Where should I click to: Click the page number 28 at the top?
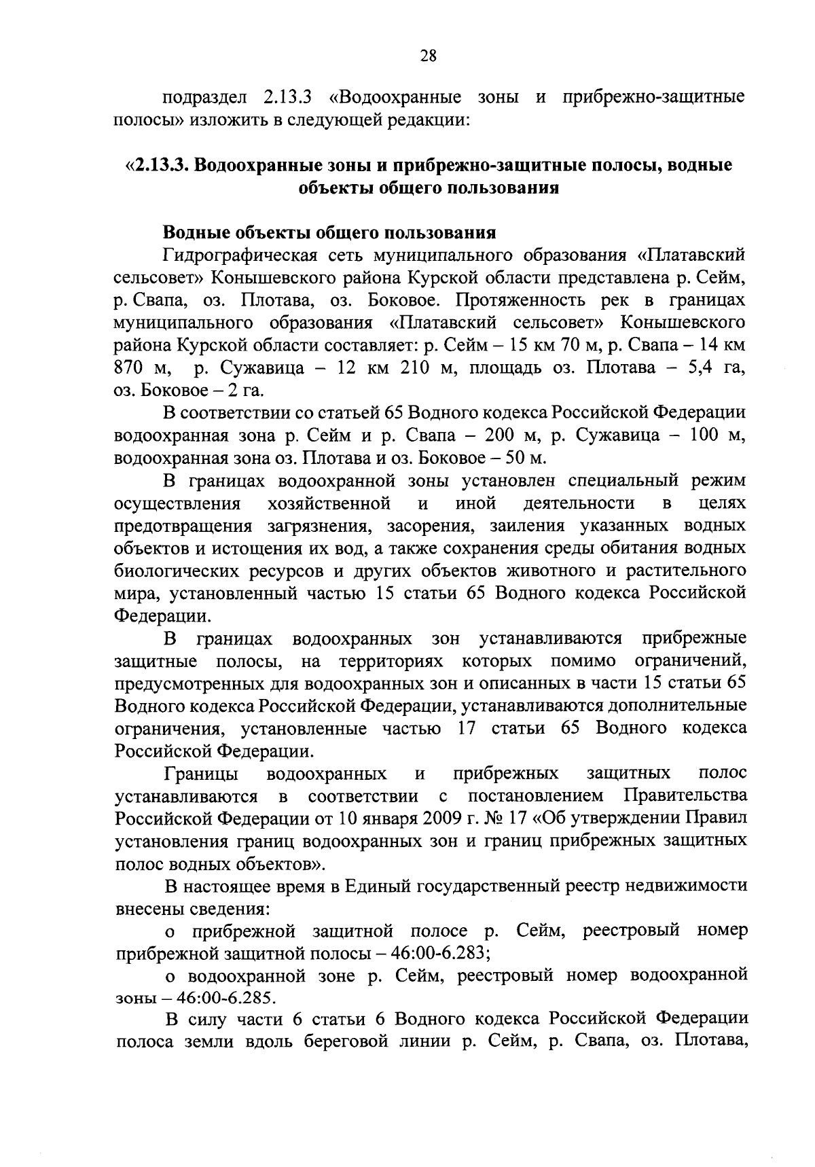(427, 57)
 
